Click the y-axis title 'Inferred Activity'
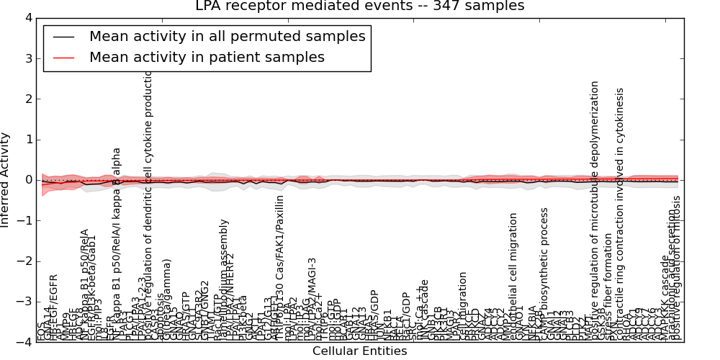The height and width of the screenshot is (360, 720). tap(6, 180)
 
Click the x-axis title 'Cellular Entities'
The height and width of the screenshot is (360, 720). tap(359, 351)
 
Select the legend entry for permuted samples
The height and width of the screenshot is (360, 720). tap(227, 36)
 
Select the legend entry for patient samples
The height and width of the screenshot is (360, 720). tap(207, 57)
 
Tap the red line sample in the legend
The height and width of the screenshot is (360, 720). tap(63, 58)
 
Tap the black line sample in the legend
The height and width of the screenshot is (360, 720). tap(63, 37)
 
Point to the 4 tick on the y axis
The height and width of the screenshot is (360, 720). tap(27, 18)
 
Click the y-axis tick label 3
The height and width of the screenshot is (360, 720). tap(27, 58)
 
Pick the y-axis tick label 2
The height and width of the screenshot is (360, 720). tap(27, 99)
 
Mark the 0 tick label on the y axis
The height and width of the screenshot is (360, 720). tap(27, 180)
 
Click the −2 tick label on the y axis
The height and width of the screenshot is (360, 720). tap(24, 261)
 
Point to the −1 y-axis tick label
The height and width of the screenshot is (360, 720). tap(24, 220)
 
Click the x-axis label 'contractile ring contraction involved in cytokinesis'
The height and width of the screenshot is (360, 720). tap(620, 216)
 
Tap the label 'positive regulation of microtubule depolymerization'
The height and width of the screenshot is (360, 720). tap(595, 209)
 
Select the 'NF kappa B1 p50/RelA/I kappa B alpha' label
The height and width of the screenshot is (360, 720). tap(117, 245)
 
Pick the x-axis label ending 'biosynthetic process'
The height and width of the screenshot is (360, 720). tap(544, 274)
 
